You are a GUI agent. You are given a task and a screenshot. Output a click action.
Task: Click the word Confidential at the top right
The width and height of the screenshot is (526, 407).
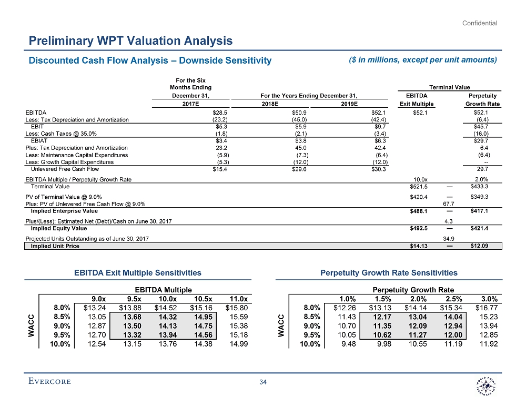(x=480, y=23)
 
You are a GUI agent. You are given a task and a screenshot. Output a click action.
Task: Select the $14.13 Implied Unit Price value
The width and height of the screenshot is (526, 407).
(x=419, y=246)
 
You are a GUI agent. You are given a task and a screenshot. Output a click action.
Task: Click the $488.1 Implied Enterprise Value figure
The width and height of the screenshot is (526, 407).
(x=419, y=211)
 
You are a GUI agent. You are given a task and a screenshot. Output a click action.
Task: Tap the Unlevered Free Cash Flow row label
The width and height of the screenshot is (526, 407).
(x=65, y=169)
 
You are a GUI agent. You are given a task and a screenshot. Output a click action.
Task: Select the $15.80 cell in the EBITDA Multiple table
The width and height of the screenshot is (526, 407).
(x=236, y=308)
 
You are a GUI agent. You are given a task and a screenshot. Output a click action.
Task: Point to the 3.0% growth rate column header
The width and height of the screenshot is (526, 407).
(x=487, y=298)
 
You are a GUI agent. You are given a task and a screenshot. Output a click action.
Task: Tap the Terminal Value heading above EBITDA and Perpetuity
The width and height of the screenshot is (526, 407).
(x=450, y=87)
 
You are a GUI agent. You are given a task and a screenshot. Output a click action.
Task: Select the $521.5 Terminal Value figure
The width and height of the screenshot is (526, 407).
(x=419, y=187)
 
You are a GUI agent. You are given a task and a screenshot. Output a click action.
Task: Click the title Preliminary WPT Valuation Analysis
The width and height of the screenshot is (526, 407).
(x=130, y=40)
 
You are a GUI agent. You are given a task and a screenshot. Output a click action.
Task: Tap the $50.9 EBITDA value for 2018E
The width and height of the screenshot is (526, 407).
(x=299, y=113)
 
